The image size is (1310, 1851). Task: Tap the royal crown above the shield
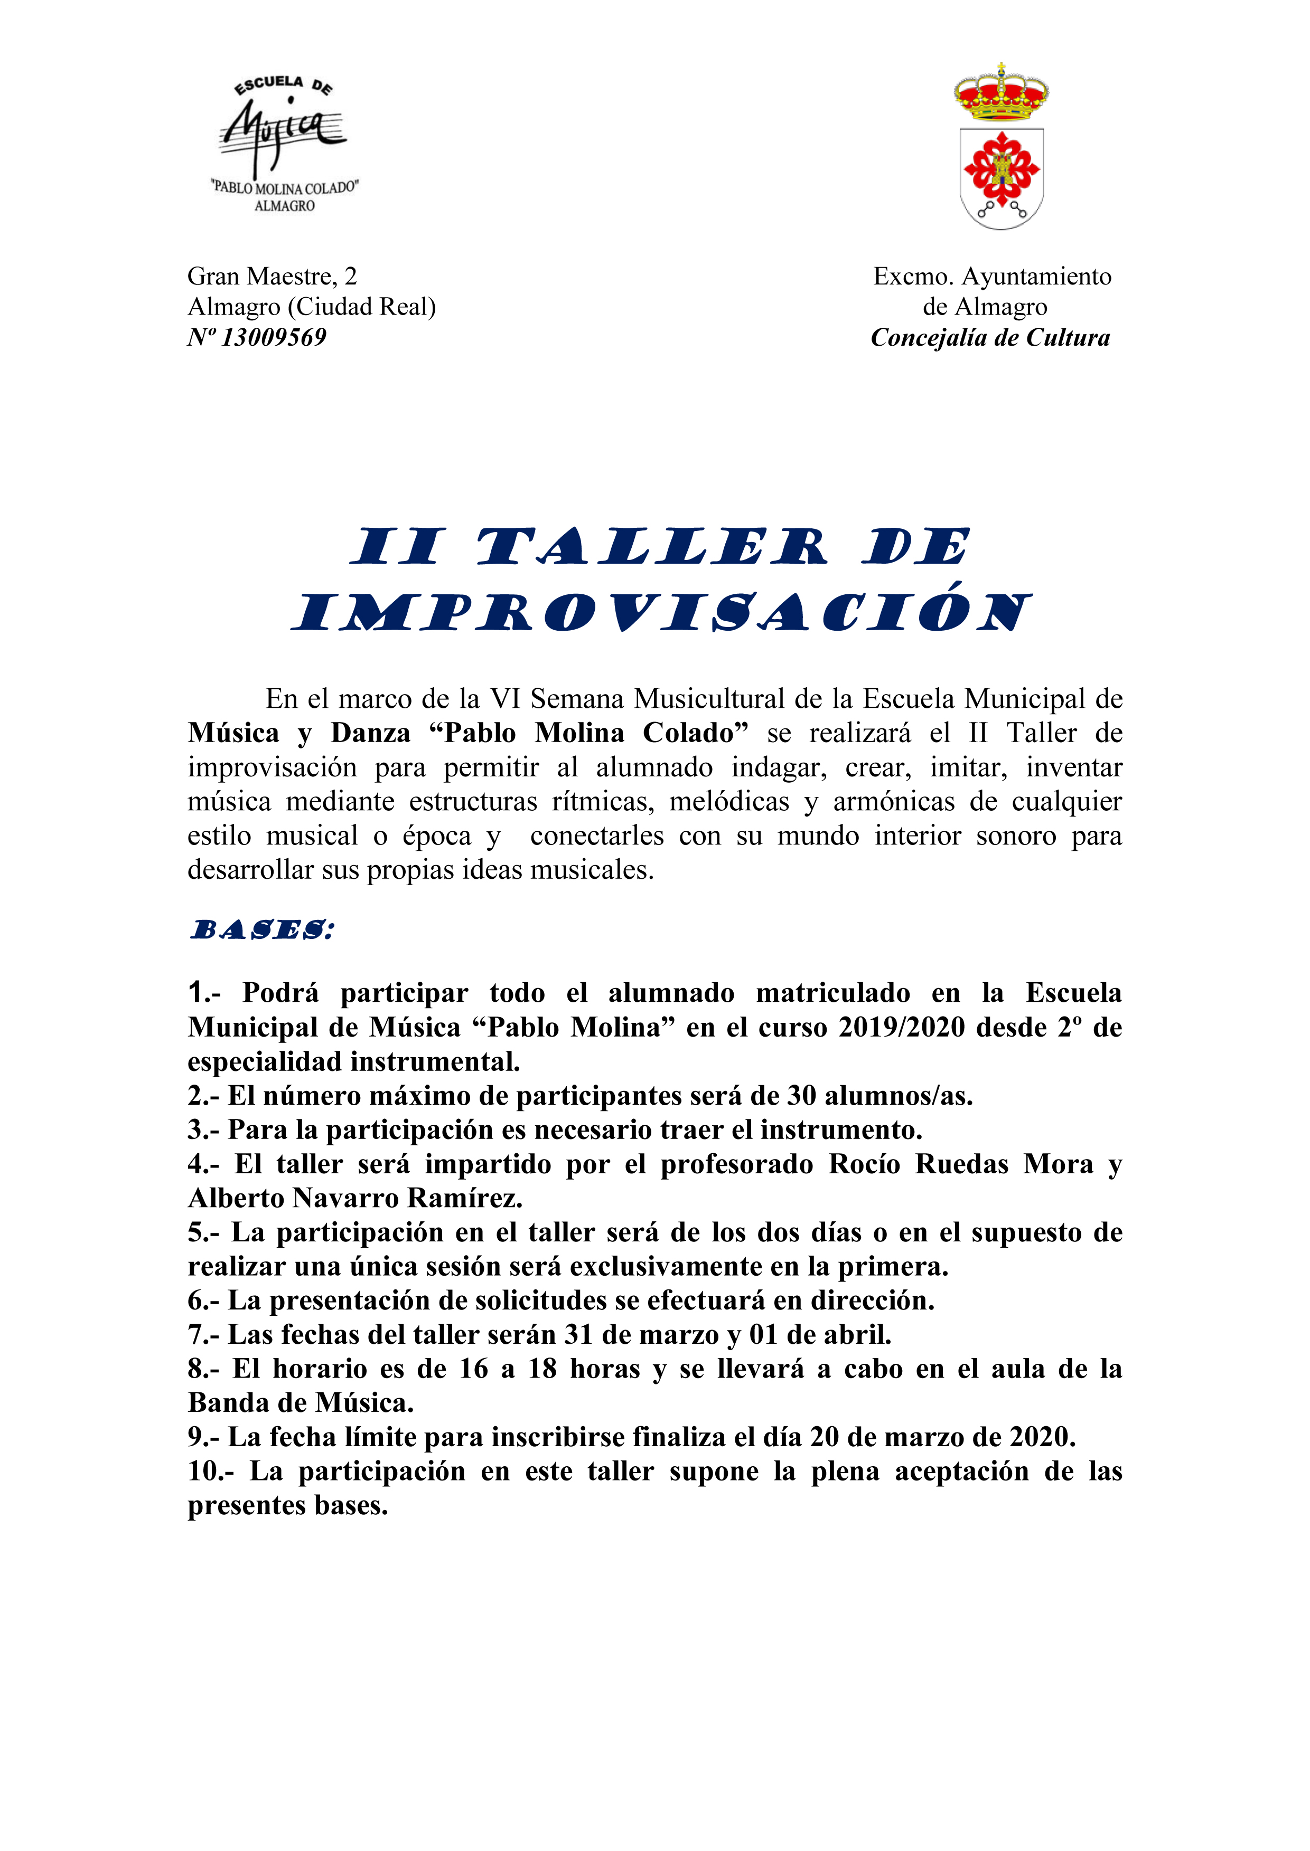pos(1001,93)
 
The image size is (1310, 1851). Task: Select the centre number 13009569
pos(274,338)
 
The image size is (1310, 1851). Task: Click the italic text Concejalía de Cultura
pos(990,338)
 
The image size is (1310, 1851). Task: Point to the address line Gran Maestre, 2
pos(272,277)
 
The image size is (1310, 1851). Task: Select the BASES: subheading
pos(261,931)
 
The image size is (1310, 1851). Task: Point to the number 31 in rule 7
pos(578,1335)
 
